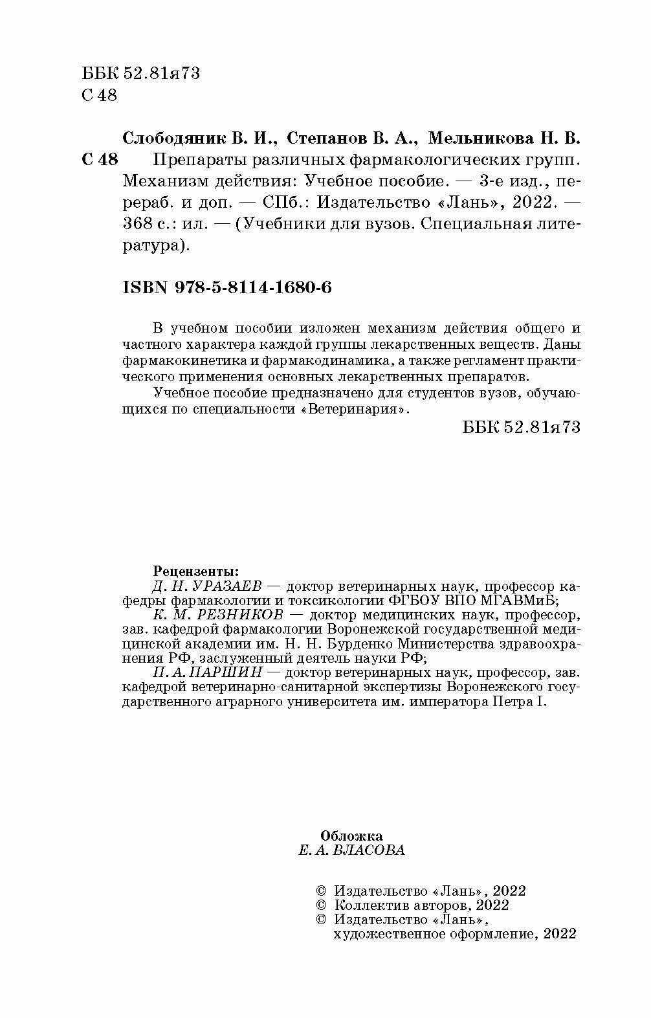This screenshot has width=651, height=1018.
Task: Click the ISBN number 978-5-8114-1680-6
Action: tap(253, 287)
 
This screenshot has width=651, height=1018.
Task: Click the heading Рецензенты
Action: tap(195, 571)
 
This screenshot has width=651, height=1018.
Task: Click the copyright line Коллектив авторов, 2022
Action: tap(421, 905)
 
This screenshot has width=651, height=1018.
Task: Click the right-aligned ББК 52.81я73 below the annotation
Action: tap(522, 427)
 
